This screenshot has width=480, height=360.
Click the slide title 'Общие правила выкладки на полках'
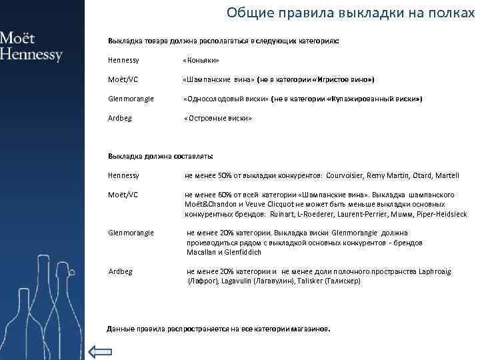[x=349, y=13]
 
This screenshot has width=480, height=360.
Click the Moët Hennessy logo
[x=31, y=46]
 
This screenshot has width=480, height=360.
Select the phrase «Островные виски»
[x=218, y=118]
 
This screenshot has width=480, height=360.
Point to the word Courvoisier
[x=350, y=175]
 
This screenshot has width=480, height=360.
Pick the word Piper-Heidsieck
[x=441, y=214]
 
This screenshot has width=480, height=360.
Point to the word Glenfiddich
[x=243, y=253]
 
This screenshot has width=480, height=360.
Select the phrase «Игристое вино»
[x=346, y=79]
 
